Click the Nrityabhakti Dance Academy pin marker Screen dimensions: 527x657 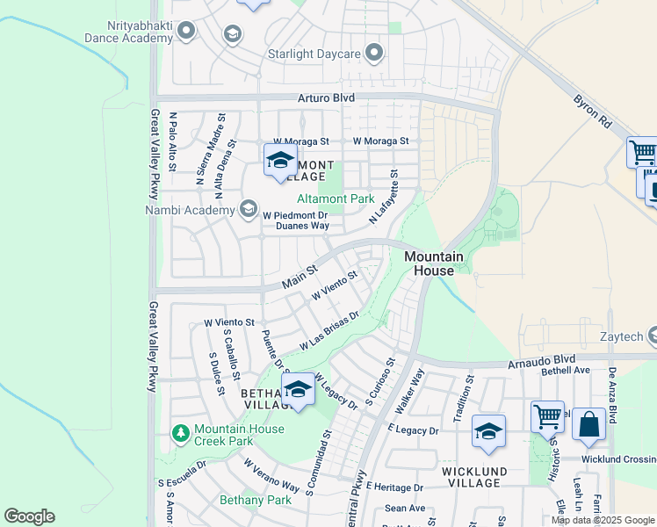pos(185,32)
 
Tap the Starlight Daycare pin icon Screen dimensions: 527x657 pos(374,54)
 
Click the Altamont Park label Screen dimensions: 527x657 pos(336,199)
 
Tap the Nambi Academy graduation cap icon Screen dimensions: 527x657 pos(249,210)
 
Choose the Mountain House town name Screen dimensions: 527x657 pos(434,263)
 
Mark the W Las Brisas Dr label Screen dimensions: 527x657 pos(329,331)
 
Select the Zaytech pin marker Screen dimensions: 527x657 pos(653,335)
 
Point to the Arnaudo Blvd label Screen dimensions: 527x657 pos(540,360)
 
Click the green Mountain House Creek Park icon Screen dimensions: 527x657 pos(181,433)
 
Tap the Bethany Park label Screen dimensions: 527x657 pos(255,500)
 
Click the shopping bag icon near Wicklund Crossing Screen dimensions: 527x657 pos(589,425)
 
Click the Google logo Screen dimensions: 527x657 pos(29,516)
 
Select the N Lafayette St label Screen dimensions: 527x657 pos(384,197)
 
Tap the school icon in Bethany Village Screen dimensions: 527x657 pos(299,389)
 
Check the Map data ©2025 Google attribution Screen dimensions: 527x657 pos(602,520)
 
